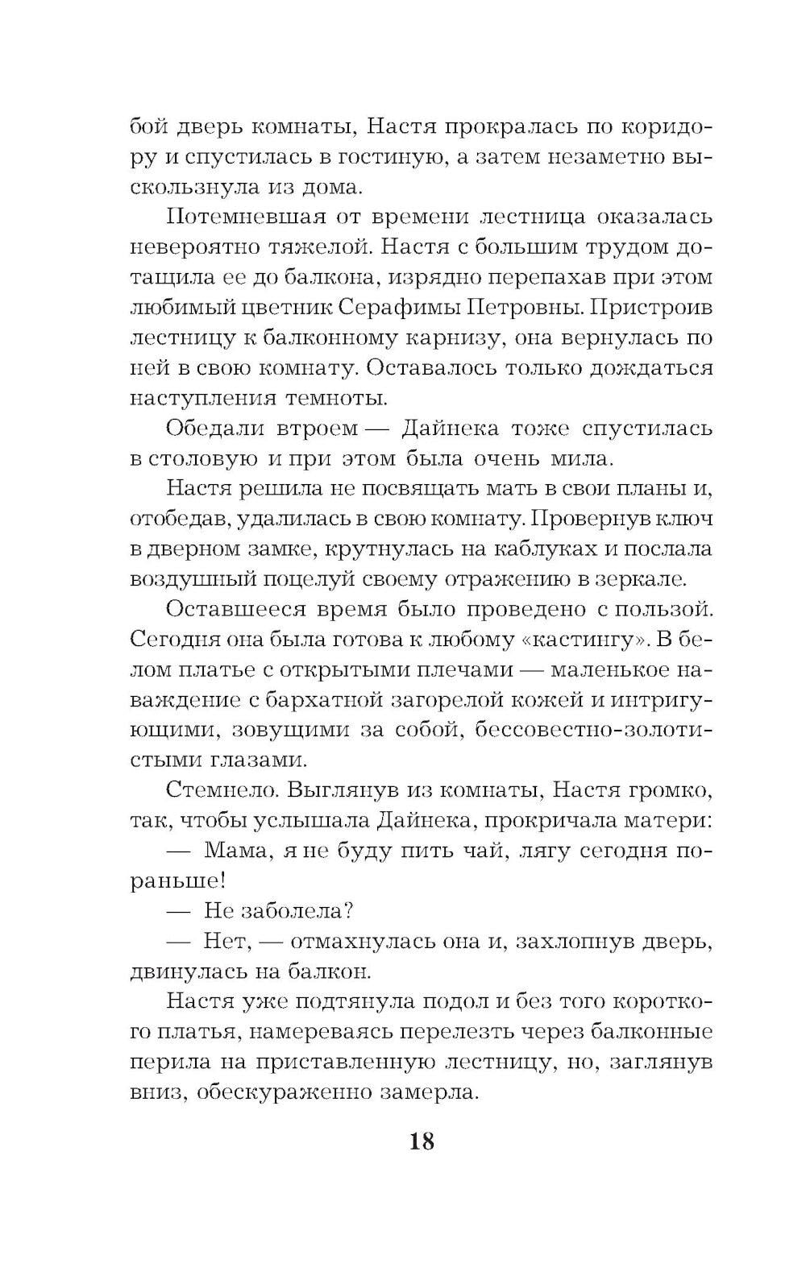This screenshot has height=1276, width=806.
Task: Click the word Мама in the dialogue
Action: pyautogui.click(x=235, y=850)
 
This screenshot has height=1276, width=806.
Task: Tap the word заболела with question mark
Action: pyautogui.click(x=299, y=910)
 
